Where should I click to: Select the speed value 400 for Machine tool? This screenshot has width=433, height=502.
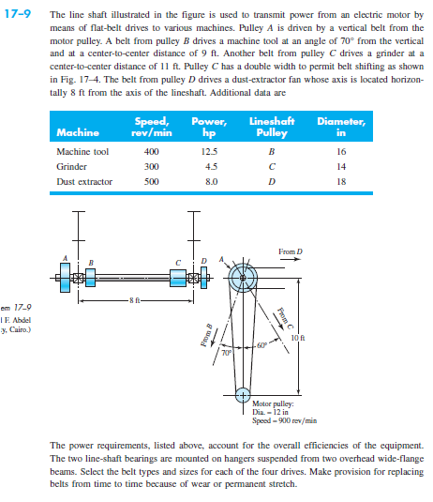150,150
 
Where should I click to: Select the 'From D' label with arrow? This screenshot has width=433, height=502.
291,251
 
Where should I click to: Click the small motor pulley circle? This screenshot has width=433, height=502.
243,391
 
